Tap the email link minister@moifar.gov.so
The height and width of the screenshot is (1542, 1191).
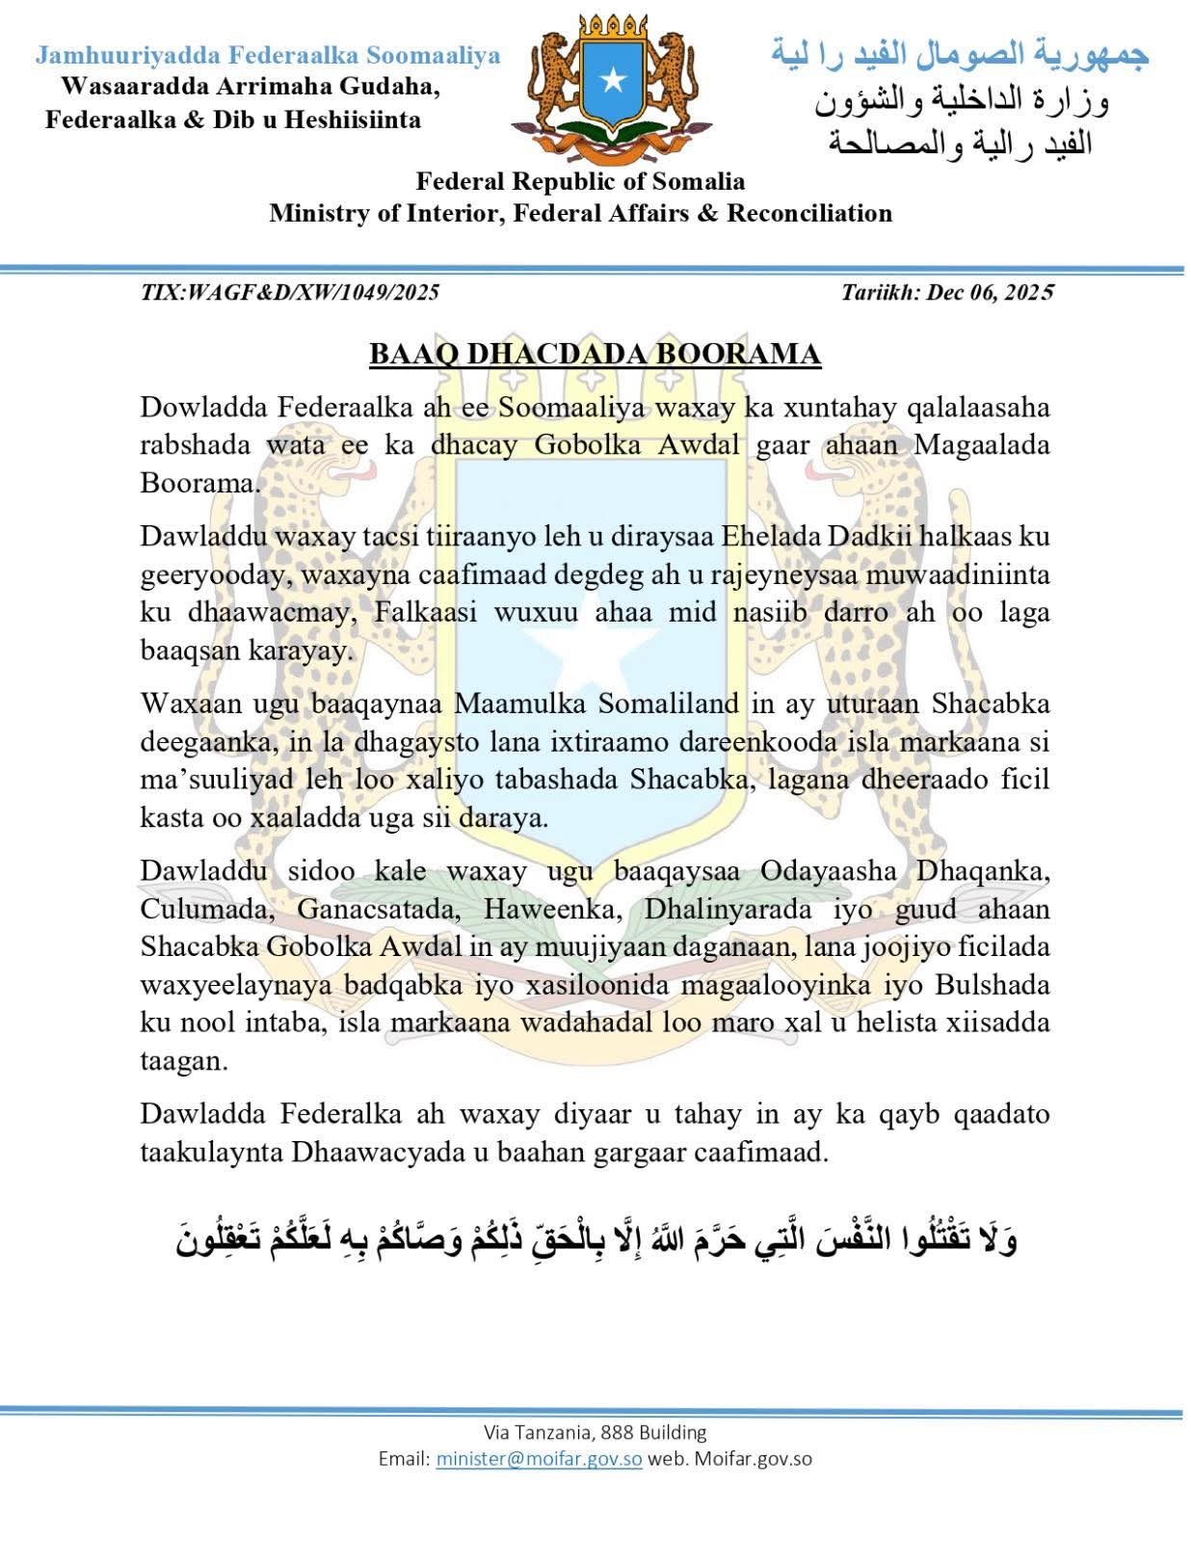coord(539,1458)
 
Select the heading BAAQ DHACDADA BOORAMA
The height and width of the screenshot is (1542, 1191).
coord(595,355)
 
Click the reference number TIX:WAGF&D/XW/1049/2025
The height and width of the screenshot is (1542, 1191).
coord(290,292)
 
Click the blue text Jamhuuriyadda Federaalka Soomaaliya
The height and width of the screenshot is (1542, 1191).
coord(268,55)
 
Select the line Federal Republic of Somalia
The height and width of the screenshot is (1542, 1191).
coord(580,181)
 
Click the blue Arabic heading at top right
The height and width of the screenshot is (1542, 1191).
coord(960,55)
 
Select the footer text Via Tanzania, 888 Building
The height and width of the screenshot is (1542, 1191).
coord(595,1432)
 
